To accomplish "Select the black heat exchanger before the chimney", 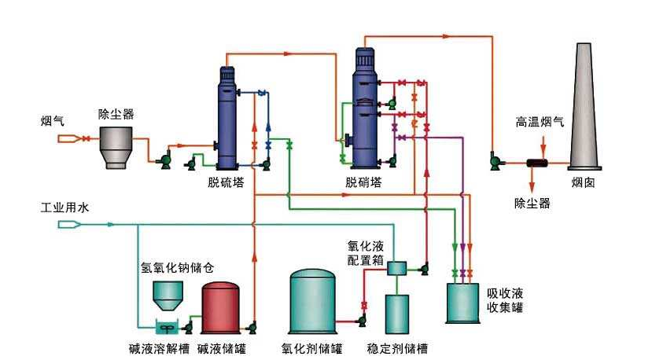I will pyautogui.click(x=539, y=163).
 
